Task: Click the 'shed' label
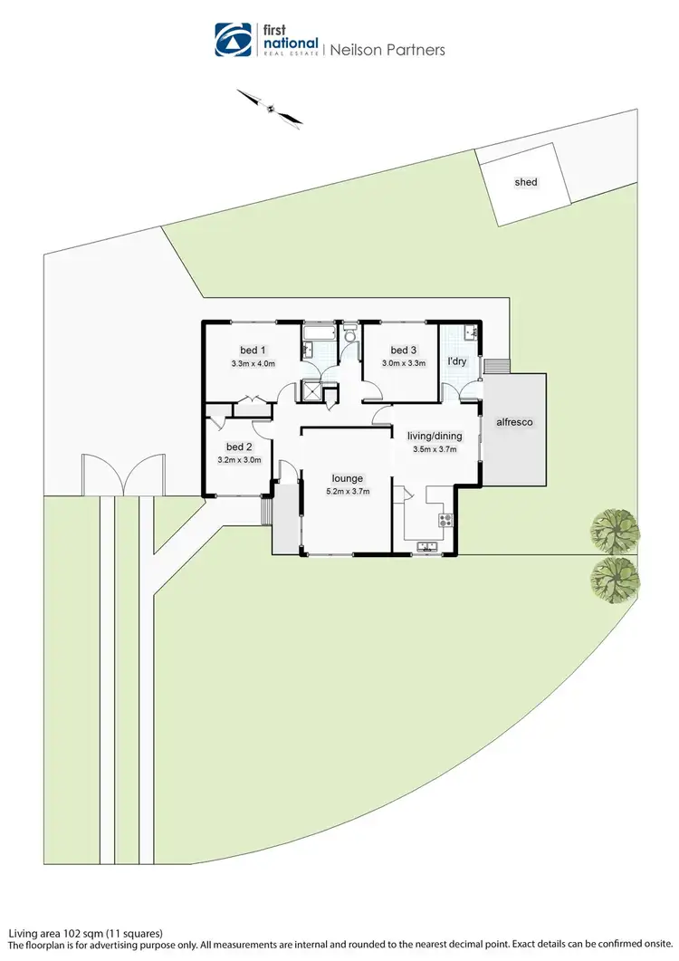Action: coord(526,182)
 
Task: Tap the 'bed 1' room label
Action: coord(253,351)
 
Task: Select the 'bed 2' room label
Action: coord(239,447)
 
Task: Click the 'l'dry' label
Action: coord(457,361)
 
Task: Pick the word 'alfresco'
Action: coord(513,421)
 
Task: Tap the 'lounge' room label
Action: coord(347,478)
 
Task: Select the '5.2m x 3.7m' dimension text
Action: coord(347,492)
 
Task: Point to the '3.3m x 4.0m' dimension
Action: coord(253,364)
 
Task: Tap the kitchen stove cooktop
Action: coord(445,520)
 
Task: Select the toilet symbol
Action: coord(349,336)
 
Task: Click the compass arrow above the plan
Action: coord(270,107)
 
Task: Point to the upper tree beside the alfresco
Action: coord(616,530)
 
